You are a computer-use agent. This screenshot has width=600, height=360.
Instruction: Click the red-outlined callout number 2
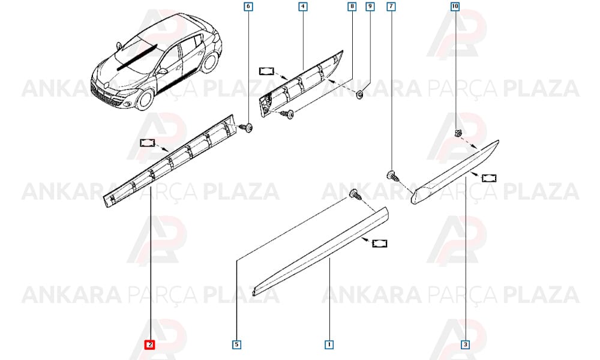click(x=150, y=344)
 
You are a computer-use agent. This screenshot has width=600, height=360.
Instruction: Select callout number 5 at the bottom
click(x=237, y=344)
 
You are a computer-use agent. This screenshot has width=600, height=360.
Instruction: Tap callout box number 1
click(x=329, y=344)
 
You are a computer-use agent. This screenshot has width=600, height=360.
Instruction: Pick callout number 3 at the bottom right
click(x=466, y=344)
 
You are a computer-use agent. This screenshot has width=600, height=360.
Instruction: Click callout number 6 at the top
click(x=248, y=7)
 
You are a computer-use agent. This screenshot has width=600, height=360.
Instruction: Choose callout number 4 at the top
click(x=303, y=7)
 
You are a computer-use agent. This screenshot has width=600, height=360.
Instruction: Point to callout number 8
click(x=352, y=7)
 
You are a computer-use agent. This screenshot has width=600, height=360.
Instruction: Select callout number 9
click(x=370, y=7)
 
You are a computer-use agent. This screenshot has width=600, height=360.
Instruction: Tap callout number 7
click(x=391, y=7)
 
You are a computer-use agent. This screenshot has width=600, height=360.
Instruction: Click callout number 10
click(x=455, y=7)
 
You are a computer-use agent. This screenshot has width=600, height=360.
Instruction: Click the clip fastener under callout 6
click(x=247, y=127)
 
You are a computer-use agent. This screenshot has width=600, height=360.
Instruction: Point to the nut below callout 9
click(x=360, y=94)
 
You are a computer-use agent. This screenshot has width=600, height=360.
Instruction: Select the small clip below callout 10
click(x=457, y=134)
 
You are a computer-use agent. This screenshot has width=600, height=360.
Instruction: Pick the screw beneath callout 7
click(x=392, y=176)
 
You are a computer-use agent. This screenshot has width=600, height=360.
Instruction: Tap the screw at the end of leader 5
click(x=356, y=195)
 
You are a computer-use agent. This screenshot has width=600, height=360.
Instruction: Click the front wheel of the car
click(x=145, y=98)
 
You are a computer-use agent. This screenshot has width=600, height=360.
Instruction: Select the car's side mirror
click(x=162, y=71)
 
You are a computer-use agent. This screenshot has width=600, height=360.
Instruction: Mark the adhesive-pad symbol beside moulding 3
click(x=490, y=178)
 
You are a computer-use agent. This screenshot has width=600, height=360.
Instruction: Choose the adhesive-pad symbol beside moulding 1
click(x=380, y=244)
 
